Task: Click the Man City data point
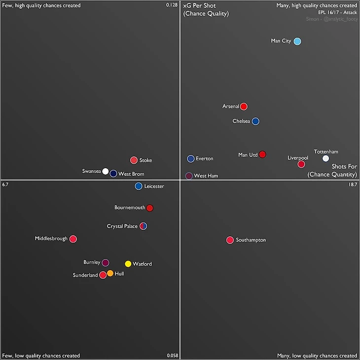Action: tap(297, 41)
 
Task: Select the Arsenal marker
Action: tap(244, 107)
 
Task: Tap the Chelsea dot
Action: tap(255, 121)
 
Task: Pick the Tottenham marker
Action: tap(325, 158)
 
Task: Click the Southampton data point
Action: tap(230, 240)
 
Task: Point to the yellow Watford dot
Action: tap(128, 264)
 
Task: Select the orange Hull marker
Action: tap(110, 273)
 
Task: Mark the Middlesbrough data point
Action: tap(73, 239)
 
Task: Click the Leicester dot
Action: tap(139, 186)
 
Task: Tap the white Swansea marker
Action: tap(106, 171)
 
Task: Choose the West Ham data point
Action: tap(188, 176)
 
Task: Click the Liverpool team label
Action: tap(298, 158)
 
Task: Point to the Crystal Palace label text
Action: tap(122, 226)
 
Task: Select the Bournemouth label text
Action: tap(130, 208)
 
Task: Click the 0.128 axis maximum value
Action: tap(172, 5)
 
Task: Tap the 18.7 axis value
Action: tap(352, 184)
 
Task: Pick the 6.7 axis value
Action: tap(6, 184)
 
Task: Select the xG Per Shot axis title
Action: tap(199, 5)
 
